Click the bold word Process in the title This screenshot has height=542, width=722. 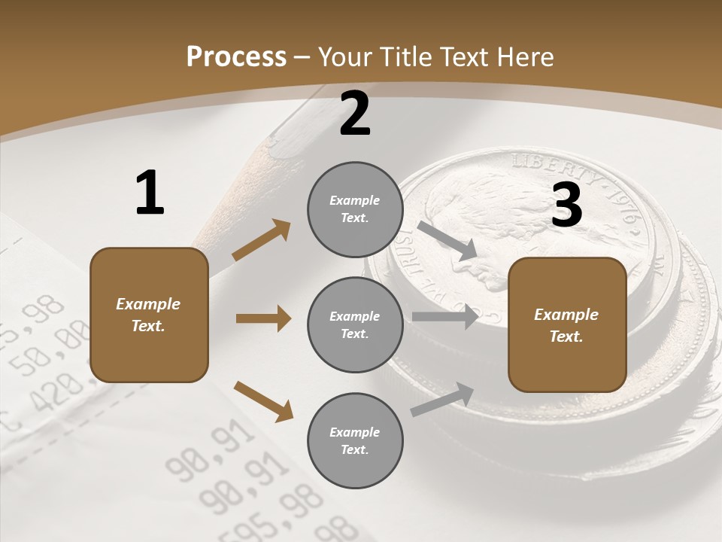236,56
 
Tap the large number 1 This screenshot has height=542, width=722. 150,193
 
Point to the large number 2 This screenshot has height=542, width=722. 355,114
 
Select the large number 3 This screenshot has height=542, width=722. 567,205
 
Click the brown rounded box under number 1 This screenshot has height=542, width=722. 149,315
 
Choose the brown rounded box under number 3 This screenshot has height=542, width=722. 567,324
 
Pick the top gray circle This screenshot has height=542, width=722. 355,209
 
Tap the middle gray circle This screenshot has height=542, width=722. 355,324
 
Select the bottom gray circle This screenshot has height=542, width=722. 355,440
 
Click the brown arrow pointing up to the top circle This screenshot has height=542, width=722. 261,240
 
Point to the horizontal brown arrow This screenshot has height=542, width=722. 263,318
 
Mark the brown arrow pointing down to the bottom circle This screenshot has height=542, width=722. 263,400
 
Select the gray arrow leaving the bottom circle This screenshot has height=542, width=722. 442,400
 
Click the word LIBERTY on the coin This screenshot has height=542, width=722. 547,168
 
